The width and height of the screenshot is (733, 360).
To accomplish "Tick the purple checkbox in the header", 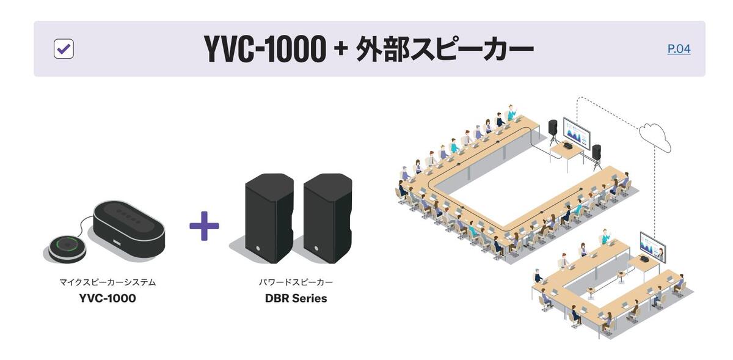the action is (x=64, y=49).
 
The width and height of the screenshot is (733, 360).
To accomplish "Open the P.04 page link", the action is (x=679, y=49).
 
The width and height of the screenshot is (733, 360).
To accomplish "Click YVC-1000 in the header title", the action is (x=264, y=49).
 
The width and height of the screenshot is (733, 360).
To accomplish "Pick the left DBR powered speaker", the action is (x=269, y=217).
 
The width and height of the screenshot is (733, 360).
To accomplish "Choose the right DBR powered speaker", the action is (x=327, y=217).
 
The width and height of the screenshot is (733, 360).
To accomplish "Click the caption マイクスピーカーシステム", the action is (x=108, y=282).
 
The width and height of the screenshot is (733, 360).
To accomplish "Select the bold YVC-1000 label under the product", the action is (x=108, y=299).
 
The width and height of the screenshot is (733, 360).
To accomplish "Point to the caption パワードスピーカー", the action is (x=296, y=282).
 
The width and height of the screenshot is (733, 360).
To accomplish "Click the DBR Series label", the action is (x=296, y=299).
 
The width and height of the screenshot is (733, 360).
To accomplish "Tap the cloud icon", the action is (x=655, y=136).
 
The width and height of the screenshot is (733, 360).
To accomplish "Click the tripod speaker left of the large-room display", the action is (x=553, y=127).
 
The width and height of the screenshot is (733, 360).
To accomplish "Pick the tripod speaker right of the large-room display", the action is (x=597, y=151).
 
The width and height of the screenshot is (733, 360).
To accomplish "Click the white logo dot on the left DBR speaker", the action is (x=257, y=248).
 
